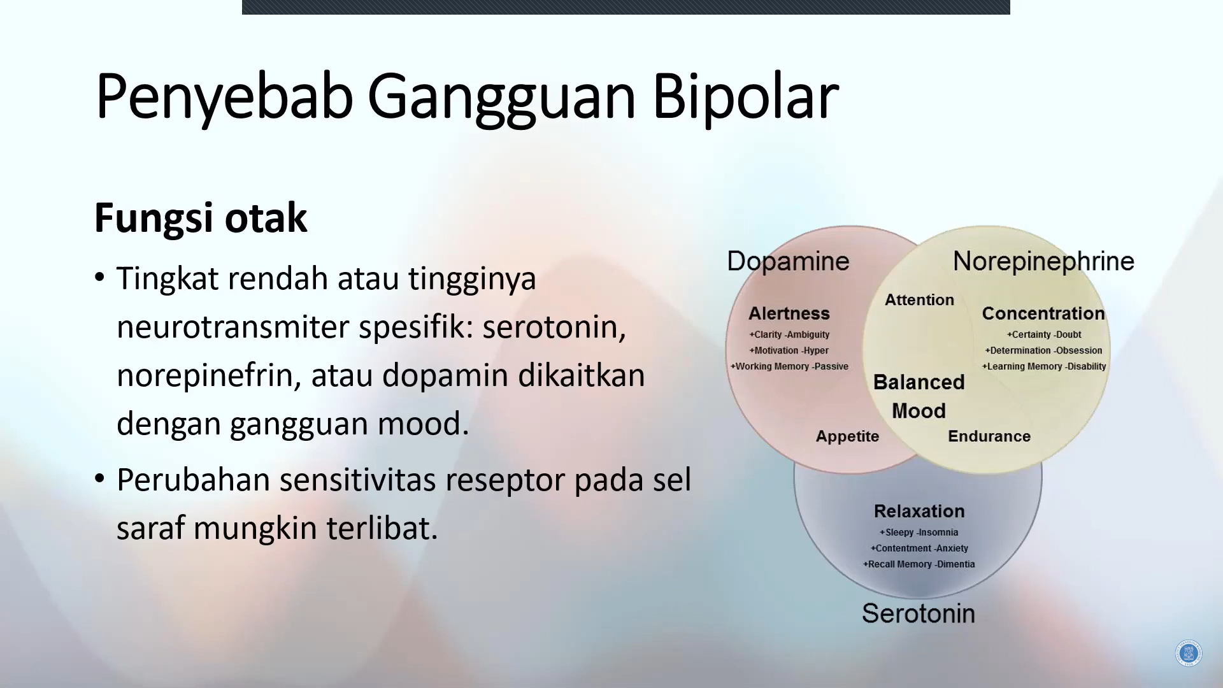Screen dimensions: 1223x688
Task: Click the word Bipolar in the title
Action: point(745,96)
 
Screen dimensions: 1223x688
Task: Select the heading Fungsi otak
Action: point(201,219)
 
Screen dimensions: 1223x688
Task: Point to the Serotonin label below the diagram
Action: point(919,613)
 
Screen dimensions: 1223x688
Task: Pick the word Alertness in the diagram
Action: point(789,313)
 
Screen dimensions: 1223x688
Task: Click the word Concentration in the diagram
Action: point(1043,313)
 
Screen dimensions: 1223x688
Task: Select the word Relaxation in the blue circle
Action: point(919,511)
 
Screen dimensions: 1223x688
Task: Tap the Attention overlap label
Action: point(919,300)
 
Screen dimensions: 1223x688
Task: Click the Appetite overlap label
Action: point(847,436)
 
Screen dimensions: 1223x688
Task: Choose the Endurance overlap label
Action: point(989,436)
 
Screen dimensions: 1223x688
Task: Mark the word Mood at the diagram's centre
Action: point(919,411)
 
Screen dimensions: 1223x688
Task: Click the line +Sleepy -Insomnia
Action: point(919,533)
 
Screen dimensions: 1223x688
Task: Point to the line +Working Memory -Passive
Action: point(789,366)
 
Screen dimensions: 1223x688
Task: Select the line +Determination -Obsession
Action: point(1043,350)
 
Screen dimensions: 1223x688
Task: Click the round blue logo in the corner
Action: point(1188,654)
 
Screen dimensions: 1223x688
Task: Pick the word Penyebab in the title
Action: point(224,96)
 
